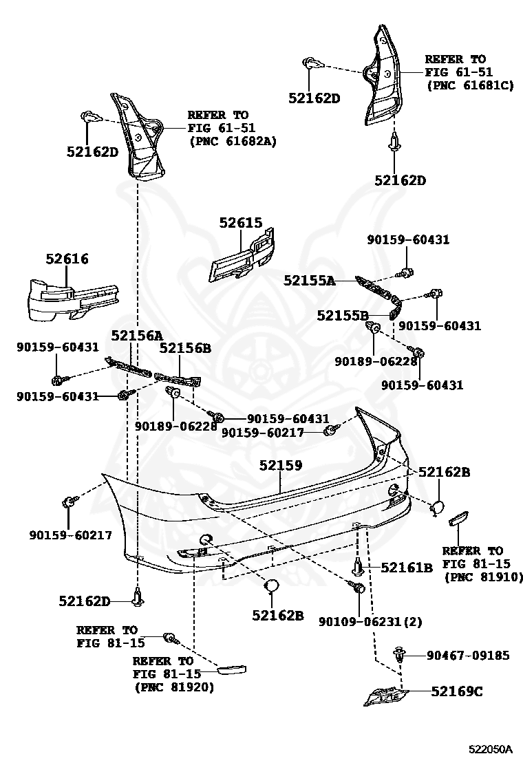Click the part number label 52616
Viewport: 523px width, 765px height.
[67, 259]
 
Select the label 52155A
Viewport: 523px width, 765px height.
[309, 280]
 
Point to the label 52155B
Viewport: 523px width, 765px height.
[342, 315]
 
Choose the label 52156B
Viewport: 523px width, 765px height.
[185, 348]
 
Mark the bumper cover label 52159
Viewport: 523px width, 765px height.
[281, 465]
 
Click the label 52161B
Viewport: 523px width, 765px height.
[407, 568]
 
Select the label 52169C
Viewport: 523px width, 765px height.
[457, 691]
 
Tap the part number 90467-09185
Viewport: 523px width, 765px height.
[468, 656]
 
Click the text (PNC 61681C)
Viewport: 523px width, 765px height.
[470, 85]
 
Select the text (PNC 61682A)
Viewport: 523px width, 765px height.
[233, 141]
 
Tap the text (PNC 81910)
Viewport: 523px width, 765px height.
[482, 577]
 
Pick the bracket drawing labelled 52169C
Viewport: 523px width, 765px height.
[384, 696]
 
